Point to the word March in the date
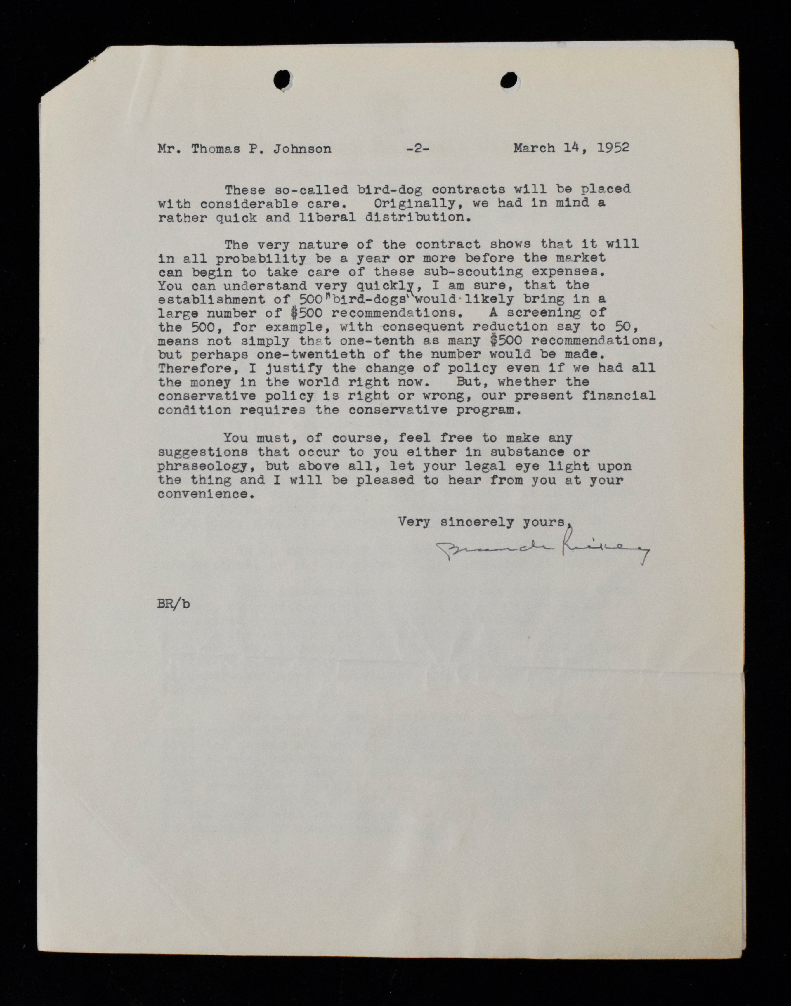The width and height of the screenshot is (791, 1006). click(x=533, y=148)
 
